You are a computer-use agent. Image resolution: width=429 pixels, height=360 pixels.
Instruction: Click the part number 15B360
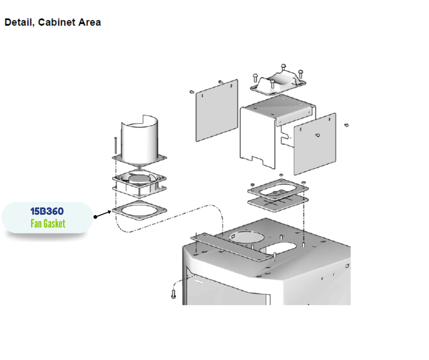(47, 212)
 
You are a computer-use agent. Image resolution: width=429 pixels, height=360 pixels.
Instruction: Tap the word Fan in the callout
(36, 224)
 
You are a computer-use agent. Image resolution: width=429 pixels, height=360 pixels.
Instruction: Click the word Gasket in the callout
(54, 224)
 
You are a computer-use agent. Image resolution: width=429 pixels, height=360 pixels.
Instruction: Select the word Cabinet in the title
(57, 22)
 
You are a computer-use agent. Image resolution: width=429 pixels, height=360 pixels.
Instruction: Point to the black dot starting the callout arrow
(95, 217)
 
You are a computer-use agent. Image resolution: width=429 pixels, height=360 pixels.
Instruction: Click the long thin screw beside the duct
(116, 145)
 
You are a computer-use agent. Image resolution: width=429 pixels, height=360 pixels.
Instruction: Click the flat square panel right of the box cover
(314, 144)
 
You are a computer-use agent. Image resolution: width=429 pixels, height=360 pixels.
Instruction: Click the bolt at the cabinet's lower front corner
(173, 294)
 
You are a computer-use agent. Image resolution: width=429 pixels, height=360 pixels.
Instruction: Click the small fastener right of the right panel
(346, 124)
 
